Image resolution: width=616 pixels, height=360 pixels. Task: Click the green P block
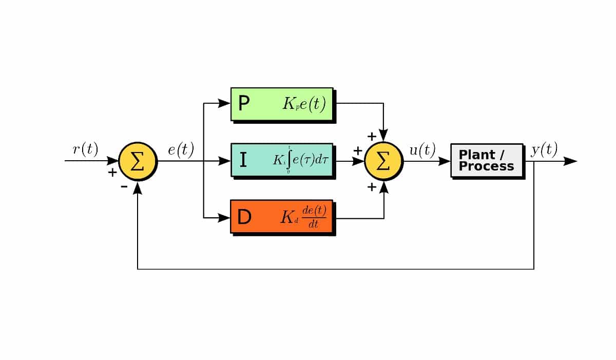point(282,104)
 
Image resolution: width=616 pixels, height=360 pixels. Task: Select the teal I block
point(282,160)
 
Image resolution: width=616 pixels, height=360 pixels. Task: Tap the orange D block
point(282,216)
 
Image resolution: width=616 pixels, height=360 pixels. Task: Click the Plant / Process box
point(486,160)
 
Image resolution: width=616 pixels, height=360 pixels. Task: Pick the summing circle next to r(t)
point(138,161)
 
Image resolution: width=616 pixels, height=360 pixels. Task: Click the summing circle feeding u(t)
point(383,161)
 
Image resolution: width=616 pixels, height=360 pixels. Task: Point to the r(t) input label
point(85,149)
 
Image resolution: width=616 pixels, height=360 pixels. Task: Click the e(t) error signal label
point(181,149)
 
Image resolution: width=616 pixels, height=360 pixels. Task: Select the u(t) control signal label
point(422,150)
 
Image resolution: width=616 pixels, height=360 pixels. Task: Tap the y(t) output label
point(544,150)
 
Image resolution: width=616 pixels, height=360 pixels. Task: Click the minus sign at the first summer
point(124,186)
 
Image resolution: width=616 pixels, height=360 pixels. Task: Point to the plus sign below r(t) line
point(112,172)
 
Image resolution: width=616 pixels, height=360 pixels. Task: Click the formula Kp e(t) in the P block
point(304,104)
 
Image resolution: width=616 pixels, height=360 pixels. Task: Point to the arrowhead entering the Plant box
point(444,161)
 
